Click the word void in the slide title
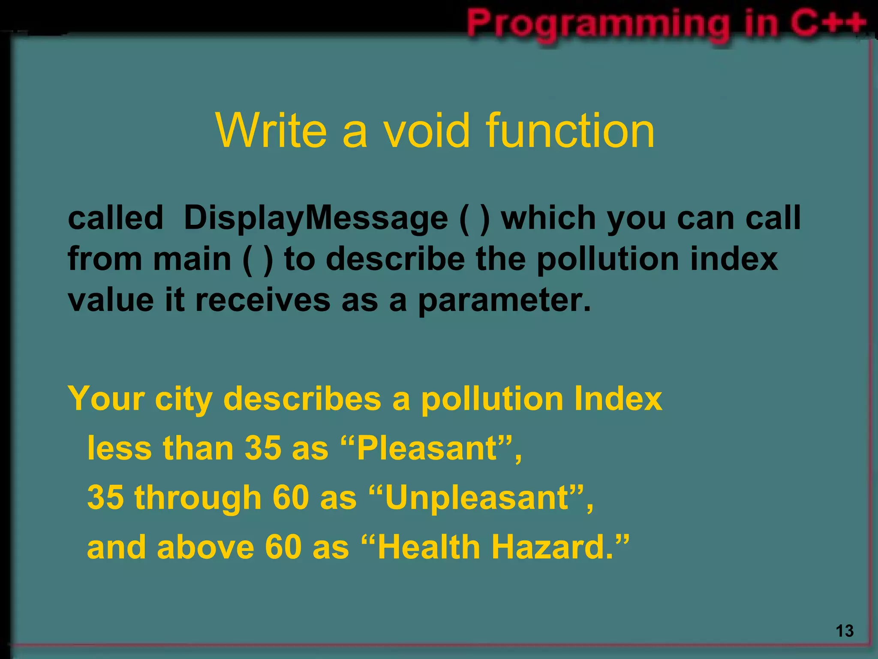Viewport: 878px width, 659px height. [x=426, y=130]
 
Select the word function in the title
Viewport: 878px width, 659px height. [x=570, y=130]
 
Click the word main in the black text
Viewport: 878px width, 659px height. [x=192, y=259]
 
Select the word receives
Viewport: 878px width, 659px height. [x=263, y=300]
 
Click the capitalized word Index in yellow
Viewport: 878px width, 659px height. [x=618, y=399]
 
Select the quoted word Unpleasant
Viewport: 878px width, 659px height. [x=477, y=498]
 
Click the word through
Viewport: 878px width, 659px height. [x=198, y=498]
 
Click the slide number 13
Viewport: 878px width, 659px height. [x=845, y=631]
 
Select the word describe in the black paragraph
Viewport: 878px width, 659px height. [x=395, y=259]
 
